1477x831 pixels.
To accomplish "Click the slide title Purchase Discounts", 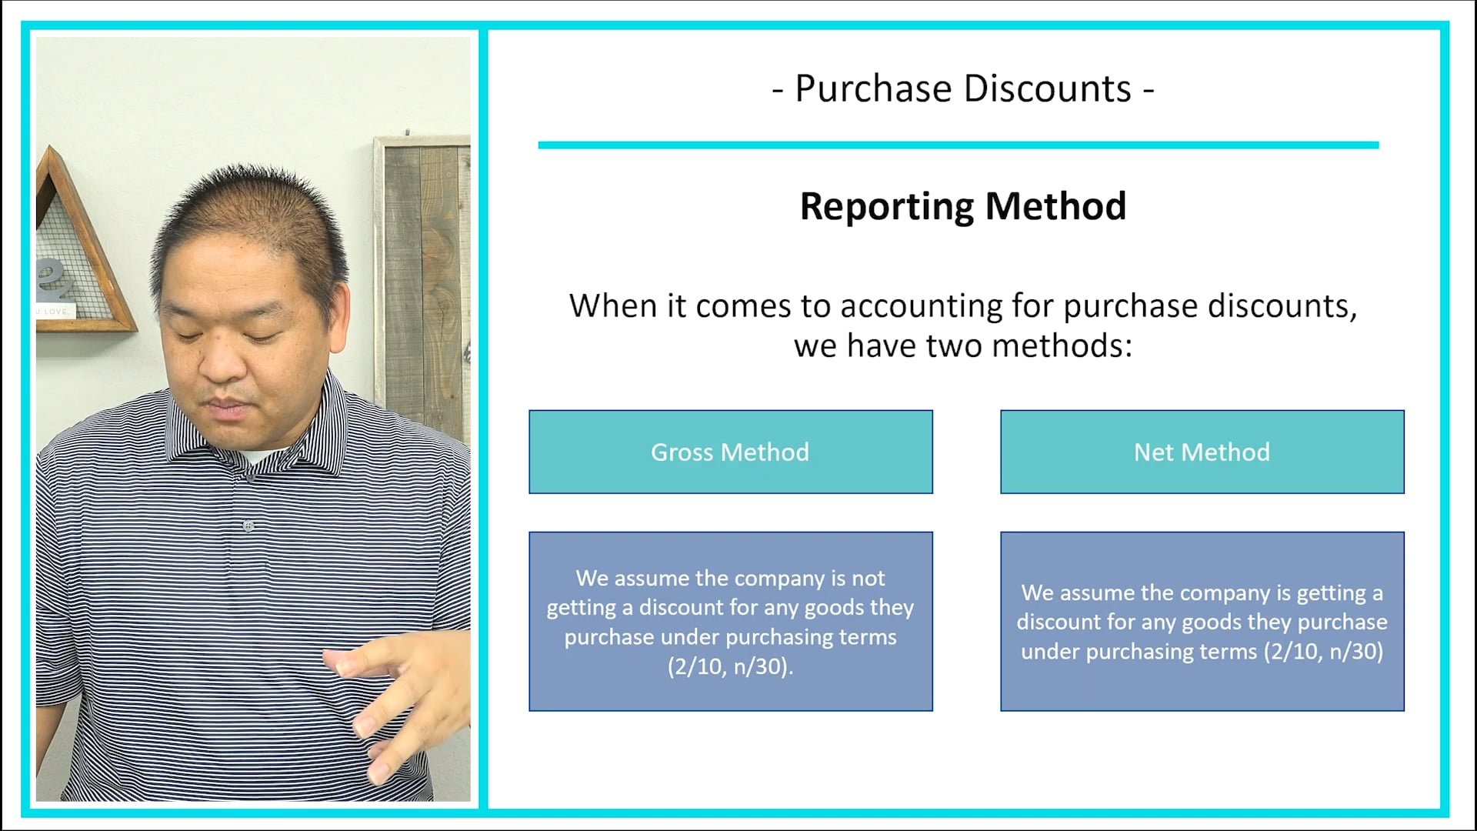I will pyautogui.click(x=962, y=88).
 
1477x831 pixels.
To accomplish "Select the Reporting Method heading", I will pyautogui.click(x=962, y=206).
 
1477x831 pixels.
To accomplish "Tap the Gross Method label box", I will pyautogui.click(x=730, y=452).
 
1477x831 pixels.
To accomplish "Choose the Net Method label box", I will pyautogui.click(x=1202, y=452).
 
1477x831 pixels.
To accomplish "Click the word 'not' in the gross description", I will pyautogui.click(x=869, y=579).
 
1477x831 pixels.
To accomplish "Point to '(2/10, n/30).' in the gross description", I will pyautogui.click(x=730, y=666).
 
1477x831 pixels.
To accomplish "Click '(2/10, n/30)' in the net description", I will pyautogui.click(x=1323, y=652).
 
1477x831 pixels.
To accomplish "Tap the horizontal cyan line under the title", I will pyautogui.click(x=958, y=145).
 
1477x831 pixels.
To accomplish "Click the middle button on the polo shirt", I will pyautogui.click(x=248, y=526).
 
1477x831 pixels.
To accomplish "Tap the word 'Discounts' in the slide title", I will pyautogui.click(x=1047, y=88).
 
